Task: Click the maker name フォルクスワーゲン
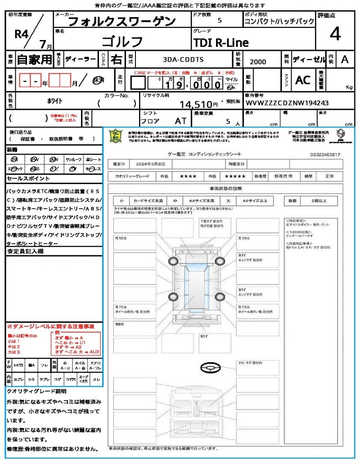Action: point(121,21)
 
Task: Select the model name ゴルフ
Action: point(122,41)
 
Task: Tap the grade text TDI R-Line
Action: point(220,43)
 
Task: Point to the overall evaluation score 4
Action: point(335,34)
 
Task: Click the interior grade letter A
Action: point(345,59)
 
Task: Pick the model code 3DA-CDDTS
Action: point(183,59)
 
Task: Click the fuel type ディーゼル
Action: point(309,59)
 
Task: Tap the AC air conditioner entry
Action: point(303,80)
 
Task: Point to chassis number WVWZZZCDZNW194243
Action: point(287,103)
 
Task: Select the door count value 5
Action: point(219,21)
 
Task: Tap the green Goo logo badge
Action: point(116,136)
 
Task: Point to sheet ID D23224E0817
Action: point(325,154)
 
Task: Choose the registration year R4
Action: point(22,34)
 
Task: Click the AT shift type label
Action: point(180,121)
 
